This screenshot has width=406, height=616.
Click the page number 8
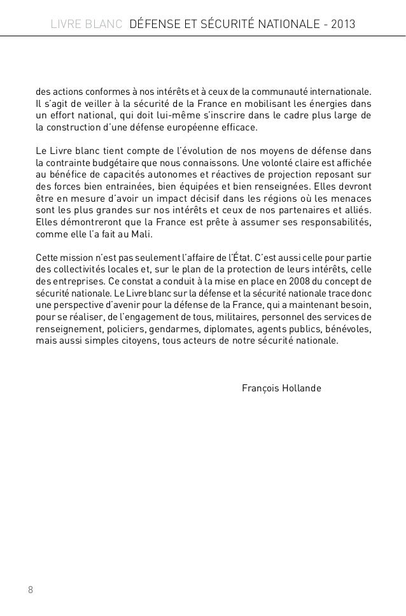[30, 589]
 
